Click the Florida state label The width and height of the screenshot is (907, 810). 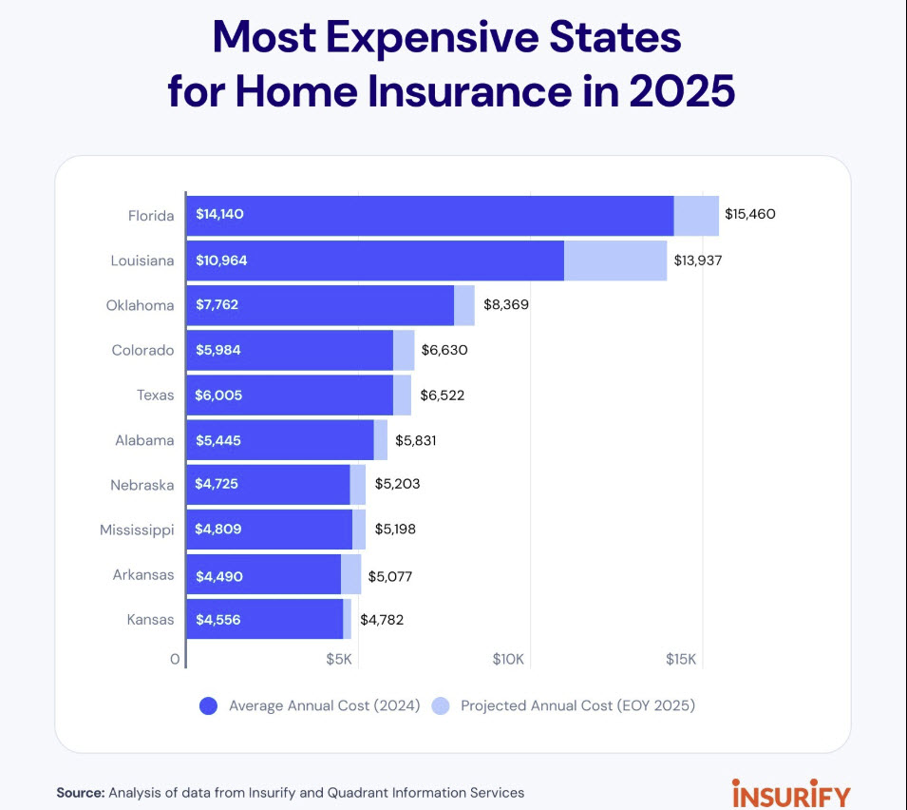pos(151,216)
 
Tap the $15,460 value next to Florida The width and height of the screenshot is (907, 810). pos(749,214)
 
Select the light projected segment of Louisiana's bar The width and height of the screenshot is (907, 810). pos(615,260)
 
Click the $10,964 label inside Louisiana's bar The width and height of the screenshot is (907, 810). pos(221,260)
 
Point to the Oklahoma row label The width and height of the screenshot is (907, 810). pos(140,305)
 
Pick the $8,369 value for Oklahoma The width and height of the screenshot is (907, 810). pos(506,304)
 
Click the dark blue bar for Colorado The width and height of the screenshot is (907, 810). pos(290,350)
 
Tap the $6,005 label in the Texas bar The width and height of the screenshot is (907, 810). pos(218,395)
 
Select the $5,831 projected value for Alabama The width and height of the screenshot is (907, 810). pos(415,440)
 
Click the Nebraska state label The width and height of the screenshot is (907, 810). pos(142,485)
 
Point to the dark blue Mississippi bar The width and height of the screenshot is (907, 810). pos(270,530)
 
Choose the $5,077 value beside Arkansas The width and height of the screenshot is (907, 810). pos(390,577)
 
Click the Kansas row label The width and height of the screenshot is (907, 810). pos(150,620)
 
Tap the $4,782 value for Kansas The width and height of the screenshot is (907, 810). pos(382,620)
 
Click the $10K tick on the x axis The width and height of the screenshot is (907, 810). pos(508,659)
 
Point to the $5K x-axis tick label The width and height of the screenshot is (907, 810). pos(338,659)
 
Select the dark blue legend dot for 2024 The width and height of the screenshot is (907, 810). pos(208,705)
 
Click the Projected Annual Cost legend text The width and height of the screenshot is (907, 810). pos(577,705)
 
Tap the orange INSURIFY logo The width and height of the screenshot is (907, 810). pos(791,793)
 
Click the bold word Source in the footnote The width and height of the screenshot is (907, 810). pos(81,793)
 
